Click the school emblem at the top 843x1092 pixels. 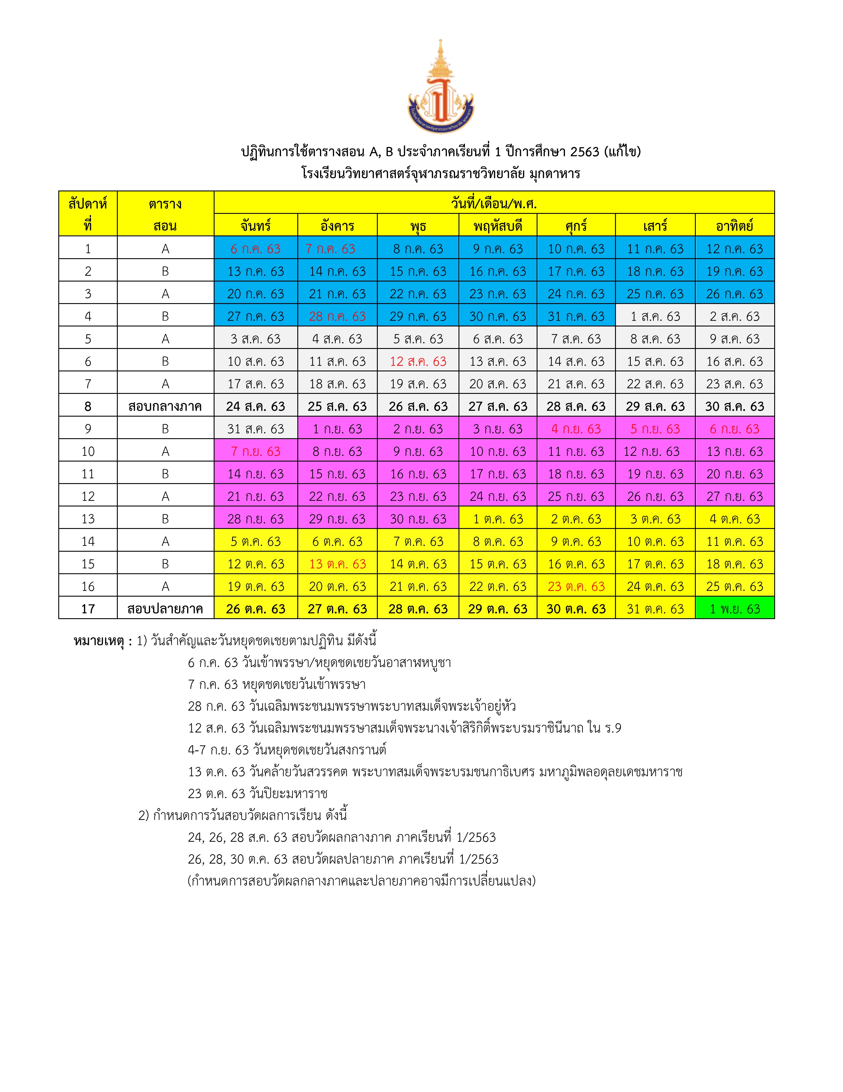(440, 88)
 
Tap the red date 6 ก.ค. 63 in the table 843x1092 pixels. (255, 249)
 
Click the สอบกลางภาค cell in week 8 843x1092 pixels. (165, 406)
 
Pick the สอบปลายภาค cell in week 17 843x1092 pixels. (165, 609)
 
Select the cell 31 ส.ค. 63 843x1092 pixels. (255, 429)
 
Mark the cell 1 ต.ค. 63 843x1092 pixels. (498, 519)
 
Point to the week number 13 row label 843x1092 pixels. (88, 519)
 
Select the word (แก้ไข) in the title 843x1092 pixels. (622, 151)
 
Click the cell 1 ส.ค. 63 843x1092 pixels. (655, 317)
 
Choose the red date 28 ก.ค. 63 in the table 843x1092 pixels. (337, 317)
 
